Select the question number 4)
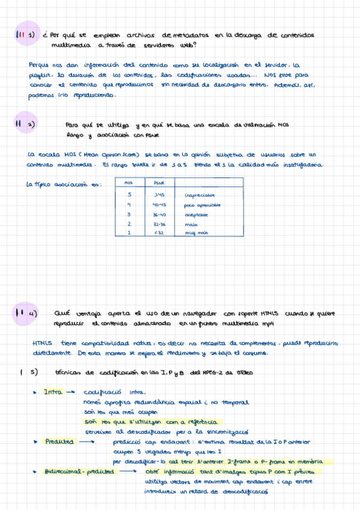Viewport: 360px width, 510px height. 33,313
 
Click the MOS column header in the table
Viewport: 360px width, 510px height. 128,183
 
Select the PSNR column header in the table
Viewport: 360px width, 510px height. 159,183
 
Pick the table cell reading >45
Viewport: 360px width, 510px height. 159,195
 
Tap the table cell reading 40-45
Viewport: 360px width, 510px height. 159,204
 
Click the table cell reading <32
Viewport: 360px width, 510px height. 159,233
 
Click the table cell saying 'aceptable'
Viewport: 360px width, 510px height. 197,214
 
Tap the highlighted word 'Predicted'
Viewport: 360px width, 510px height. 59,441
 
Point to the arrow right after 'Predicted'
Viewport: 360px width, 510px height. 88,442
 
